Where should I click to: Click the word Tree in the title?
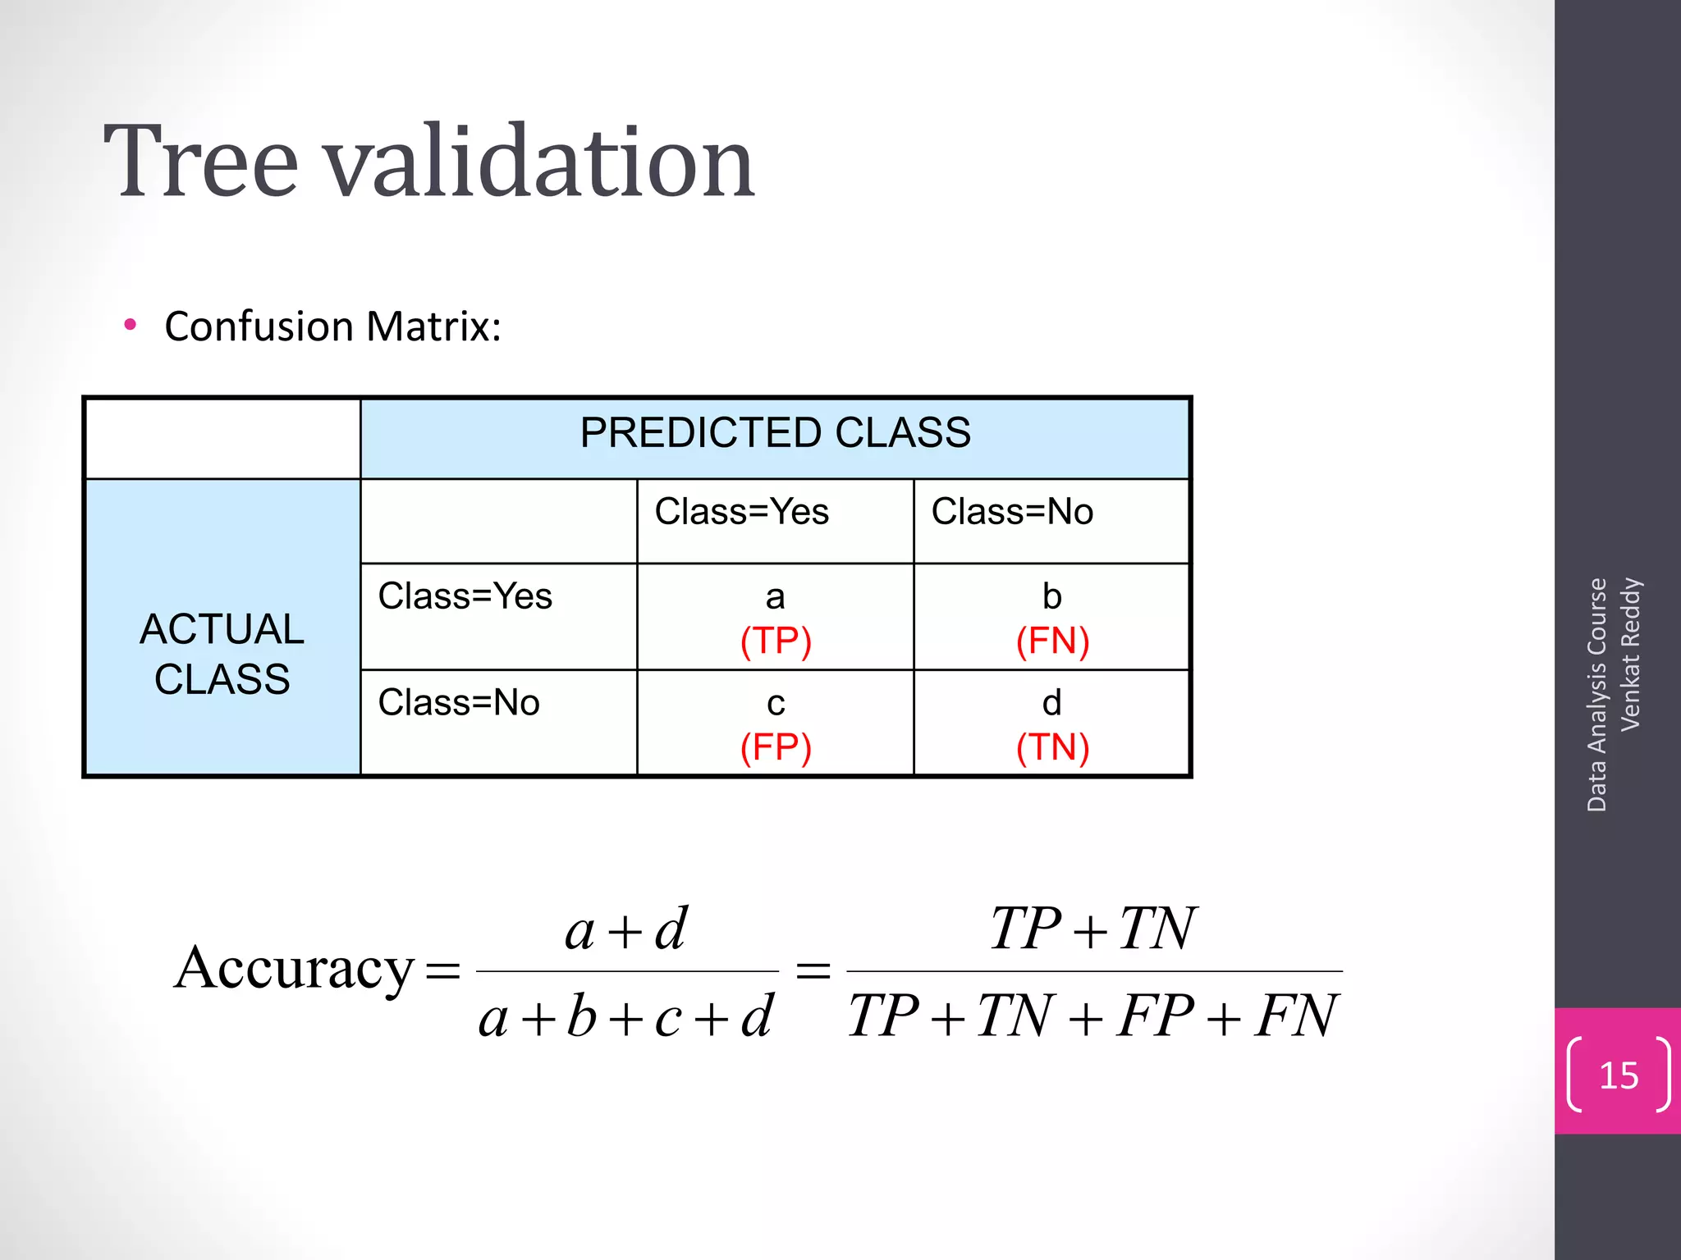201,161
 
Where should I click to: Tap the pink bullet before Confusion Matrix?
130,326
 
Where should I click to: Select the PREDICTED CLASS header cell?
775,432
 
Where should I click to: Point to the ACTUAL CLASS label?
222,654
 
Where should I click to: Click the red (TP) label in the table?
776,641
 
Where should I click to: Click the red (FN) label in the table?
1052,641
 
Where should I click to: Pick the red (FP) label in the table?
776,747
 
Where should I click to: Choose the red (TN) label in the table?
1052,747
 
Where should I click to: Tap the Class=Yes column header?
741,512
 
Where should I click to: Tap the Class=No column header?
1012,512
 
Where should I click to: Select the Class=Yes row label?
465,596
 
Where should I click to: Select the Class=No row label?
459,703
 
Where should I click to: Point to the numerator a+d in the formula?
625,930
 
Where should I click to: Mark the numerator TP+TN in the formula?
1092,929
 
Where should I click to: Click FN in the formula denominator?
1295,1016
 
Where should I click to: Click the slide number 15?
1619,1075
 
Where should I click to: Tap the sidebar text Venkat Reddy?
1630,654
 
